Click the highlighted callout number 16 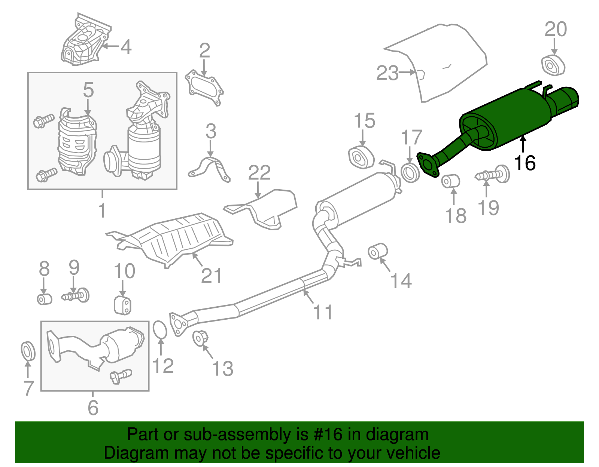(x=525, y=163)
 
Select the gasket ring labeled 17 (x=410, y=172)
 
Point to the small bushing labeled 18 (x=450, y=181)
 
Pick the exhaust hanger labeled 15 (x=361, y=158)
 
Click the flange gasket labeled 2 (x=204, y=87)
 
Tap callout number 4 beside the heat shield (x=126, y=47)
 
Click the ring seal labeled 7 (x=28, y=351)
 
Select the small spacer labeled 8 (x=44, y=299)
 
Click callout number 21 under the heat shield (x=211, y=276)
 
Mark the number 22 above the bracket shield (x=259, y=172)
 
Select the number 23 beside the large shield (x=387, y=73)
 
